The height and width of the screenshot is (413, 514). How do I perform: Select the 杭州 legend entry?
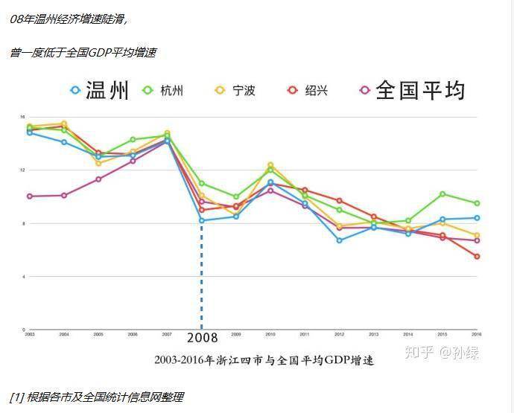pyautogui.click(x=163, y=91)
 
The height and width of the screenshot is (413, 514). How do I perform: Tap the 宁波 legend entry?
pyautogui.click(x=235, y=91)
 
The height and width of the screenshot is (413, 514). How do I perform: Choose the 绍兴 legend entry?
pyautogui.click(x=308, y=91)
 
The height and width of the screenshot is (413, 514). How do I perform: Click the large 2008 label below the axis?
pyautogui.click(x=203, y=338)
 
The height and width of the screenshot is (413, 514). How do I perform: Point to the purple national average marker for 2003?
pyautogui.click(x=29, y=196)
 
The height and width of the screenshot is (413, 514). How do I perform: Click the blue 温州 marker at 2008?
pyautogui.click(x=202, y=220)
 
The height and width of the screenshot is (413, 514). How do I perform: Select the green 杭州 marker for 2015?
pyautogui.click(x=442, y=194)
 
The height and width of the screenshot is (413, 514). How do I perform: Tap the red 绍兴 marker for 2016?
pyautogui.click(x=477, y=257)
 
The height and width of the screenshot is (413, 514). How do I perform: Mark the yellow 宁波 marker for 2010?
pyautogui.click(x=270, y=165)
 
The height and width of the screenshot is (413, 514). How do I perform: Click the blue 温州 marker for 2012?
pyautogui.click(x=339, y=240)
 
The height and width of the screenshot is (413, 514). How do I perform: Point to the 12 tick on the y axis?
pyautogui.click(x=22, y=170)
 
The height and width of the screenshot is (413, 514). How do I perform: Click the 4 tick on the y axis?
pyautogui.click(x=23, y=277)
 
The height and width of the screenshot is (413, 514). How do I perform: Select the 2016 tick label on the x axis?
pyautogui.click(x=477, y=335)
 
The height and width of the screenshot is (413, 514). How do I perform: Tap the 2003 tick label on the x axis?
pyautogui.click(x=29, y=335)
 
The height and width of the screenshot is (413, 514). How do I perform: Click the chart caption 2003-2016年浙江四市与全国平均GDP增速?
pyautogui.click(x=264, y=360)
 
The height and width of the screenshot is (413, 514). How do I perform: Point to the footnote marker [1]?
pyautogui.click(x=16, y=397)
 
